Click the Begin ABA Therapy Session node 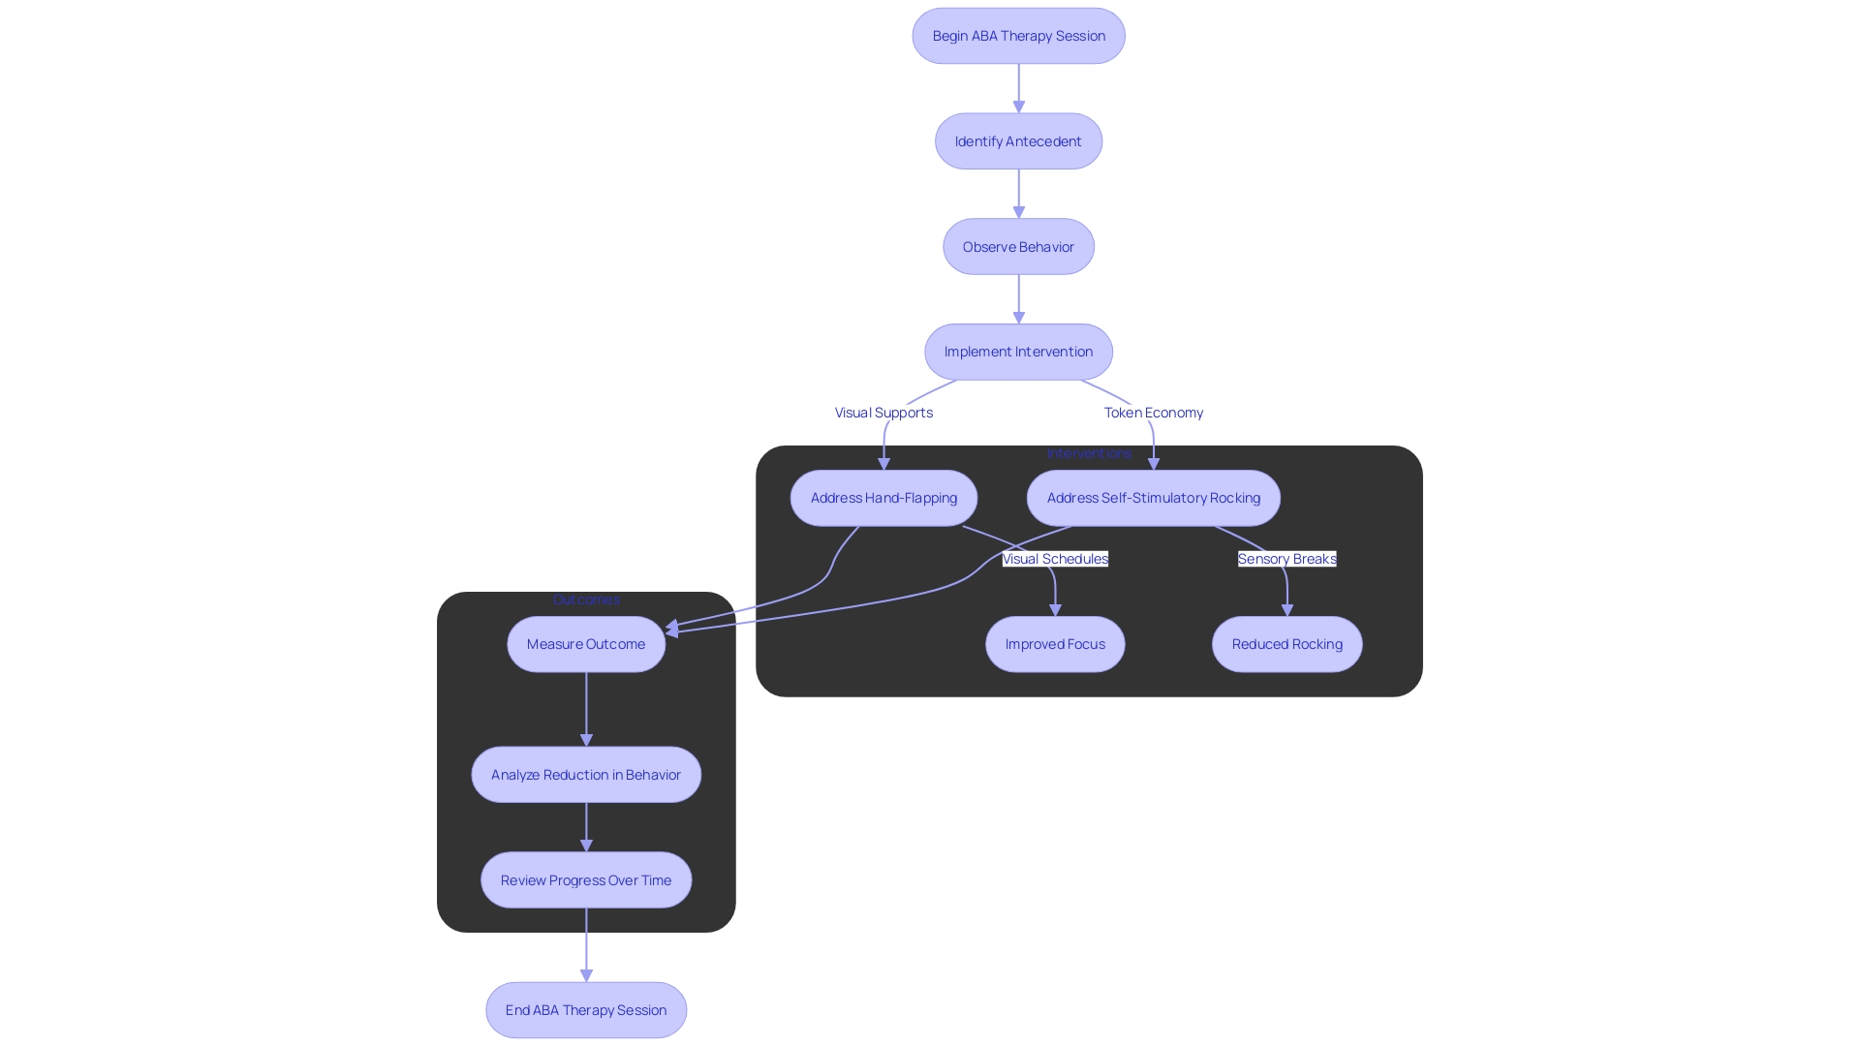(x=1018, y=36)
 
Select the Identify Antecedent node (x=1018, y=141)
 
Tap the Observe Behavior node (x=1018, y=247)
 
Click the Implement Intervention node (x=1018, y=352)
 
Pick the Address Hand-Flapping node (x=883, y=498)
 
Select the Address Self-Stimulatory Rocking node (x=1153, y=498)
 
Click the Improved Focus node (x=1055, y=644)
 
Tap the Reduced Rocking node (x=1286, y=644)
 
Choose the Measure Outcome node (x=586, y=644)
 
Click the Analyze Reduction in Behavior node (x=586, y=775)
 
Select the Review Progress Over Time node (x=586, y=880)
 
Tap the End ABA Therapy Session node (x=586, y=1010)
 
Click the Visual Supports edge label (x=883, y=413)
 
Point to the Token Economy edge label (x=1153, y=413)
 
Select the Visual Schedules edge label (x=1055, y=559)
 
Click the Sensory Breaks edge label (x=1286, y=559)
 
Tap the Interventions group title (x=1089, y=453)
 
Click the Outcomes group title (x=586, y=600)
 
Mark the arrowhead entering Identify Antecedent (x=1018, y=108)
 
